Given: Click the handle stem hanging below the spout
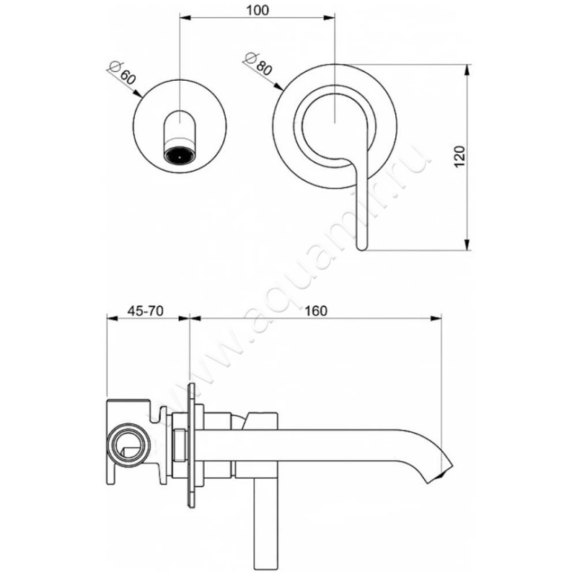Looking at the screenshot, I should click(x=263, y=527).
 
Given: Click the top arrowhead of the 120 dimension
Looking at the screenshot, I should click(x=468, y=69).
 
